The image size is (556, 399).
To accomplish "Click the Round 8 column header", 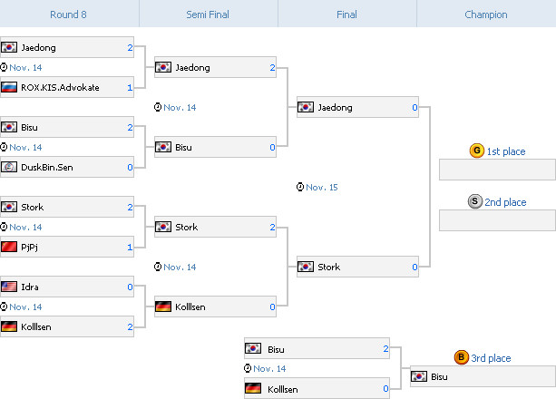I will (x=69, y=15).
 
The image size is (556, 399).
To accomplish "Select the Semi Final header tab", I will (x=208, y=15).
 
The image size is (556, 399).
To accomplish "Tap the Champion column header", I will (x=485, y=15).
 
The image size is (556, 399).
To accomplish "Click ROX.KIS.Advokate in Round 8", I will (x=60, y=88).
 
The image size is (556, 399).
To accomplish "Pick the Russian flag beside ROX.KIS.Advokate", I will (x=9, y=88).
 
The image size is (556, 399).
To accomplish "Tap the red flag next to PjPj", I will (x=9, y=247).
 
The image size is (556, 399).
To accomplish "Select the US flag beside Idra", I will (x=9, y=287).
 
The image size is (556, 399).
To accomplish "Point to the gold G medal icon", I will (x=476, y=151).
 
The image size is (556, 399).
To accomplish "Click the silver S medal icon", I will (x=475, y=202).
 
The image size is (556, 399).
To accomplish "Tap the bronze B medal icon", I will (x=462, y=358).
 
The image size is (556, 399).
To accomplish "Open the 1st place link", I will (x=506, y=151).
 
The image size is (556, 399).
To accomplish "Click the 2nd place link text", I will (x=506, y=202).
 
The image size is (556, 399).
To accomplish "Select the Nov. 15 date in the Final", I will (x=321, y=187).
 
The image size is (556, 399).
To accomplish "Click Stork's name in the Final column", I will (x=329, y=267).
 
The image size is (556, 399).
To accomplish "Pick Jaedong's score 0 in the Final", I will (x=415, y=107).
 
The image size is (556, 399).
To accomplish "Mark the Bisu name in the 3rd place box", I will (x=440, y=376).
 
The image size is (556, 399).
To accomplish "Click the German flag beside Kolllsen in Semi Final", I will (x=163, y=307).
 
